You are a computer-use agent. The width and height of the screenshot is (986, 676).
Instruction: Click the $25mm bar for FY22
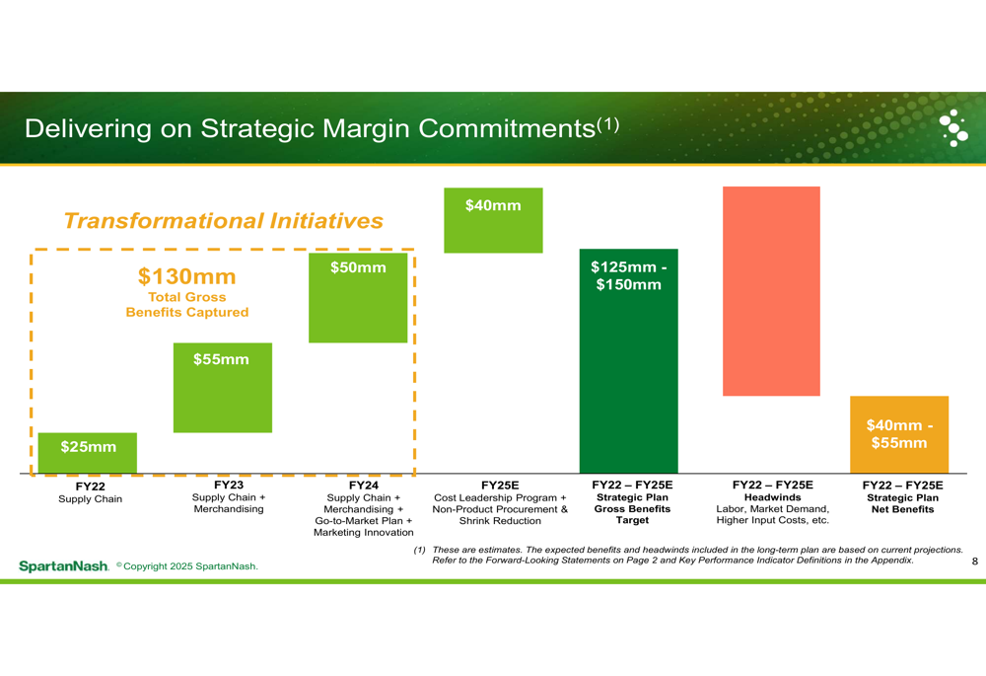click(88, 453)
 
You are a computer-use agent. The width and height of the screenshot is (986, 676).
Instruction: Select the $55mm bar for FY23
click(223, 388)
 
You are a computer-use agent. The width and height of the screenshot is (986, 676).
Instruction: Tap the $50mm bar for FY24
click(358, 298)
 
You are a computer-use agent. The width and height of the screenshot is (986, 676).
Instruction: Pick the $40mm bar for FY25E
click(493, 220)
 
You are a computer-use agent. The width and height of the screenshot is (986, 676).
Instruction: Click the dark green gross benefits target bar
click(629, 360)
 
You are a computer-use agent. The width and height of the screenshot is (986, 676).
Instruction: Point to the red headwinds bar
click(772, 291)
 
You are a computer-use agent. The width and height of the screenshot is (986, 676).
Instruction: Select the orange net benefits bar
click(899, 434)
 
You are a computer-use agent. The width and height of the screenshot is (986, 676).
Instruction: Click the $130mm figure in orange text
click(186, 276)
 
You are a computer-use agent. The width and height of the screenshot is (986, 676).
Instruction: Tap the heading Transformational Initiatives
click(223, 221)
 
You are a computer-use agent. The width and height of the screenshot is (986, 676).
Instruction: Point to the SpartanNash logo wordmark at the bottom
click(63, 566)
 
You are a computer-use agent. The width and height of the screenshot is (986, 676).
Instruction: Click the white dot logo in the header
click(953, 127)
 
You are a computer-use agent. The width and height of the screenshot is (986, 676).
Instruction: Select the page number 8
click(975, 561)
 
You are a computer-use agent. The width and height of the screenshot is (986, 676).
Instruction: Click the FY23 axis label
click(229, 485)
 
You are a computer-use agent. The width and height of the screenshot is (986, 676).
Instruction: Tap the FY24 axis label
click(364, 486)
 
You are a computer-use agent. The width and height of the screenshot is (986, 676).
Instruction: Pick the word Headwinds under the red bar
click(772, 497)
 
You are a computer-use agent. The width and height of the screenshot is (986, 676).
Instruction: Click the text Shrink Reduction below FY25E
click(500, 520)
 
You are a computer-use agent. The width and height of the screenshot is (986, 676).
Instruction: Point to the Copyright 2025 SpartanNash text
click(187, 565)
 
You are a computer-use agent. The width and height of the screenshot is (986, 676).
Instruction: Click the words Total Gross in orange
click(186, 297)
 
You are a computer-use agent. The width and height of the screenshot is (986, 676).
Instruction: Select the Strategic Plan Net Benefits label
click(902, 503)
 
